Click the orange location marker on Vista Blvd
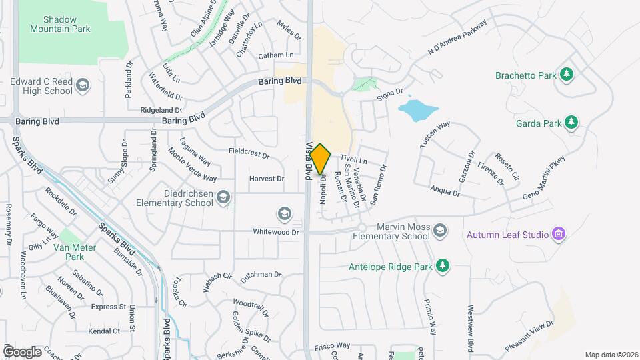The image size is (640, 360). tap(321, 159)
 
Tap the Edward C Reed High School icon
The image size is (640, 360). tap(82, 85)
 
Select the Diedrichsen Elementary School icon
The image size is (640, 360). tap(223, 197)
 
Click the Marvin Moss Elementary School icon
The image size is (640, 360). tap(439, 231)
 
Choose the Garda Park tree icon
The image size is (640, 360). tap(571, 122)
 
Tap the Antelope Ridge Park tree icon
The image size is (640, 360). tap(441, 267)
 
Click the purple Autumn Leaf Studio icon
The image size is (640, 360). tap(559, 234)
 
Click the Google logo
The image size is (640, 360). tap(22, 351)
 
